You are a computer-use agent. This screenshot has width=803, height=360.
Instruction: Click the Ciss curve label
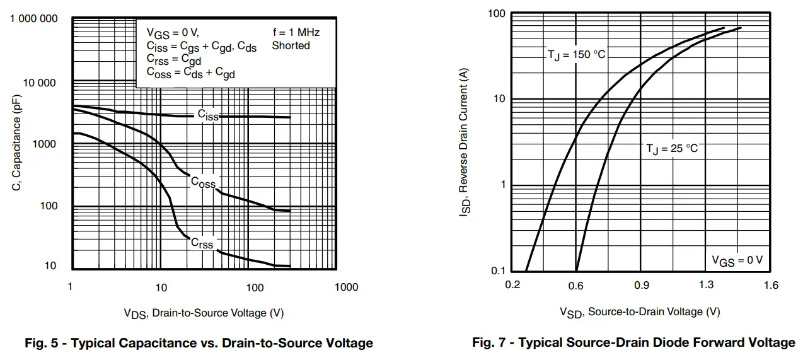point(207,115)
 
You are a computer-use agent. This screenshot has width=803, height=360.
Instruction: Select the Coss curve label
point(203,183)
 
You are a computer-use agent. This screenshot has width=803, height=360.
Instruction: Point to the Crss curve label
point(202,243)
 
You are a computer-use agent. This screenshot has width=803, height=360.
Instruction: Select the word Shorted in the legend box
point(291,45)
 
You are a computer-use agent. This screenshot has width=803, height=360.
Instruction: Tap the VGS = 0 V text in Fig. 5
point(173,32)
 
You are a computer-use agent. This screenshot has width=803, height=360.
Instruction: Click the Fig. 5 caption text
point(199,344)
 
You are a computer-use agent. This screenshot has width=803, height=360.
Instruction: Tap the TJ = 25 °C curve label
point(672,149)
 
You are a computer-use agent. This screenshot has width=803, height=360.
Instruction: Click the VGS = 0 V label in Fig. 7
point(737,260)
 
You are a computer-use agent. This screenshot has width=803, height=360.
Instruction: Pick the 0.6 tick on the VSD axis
point(575,286)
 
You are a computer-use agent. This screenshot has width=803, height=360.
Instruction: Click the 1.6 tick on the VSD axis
point(771,286)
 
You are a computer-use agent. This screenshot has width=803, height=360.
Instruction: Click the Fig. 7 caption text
point(633,343)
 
